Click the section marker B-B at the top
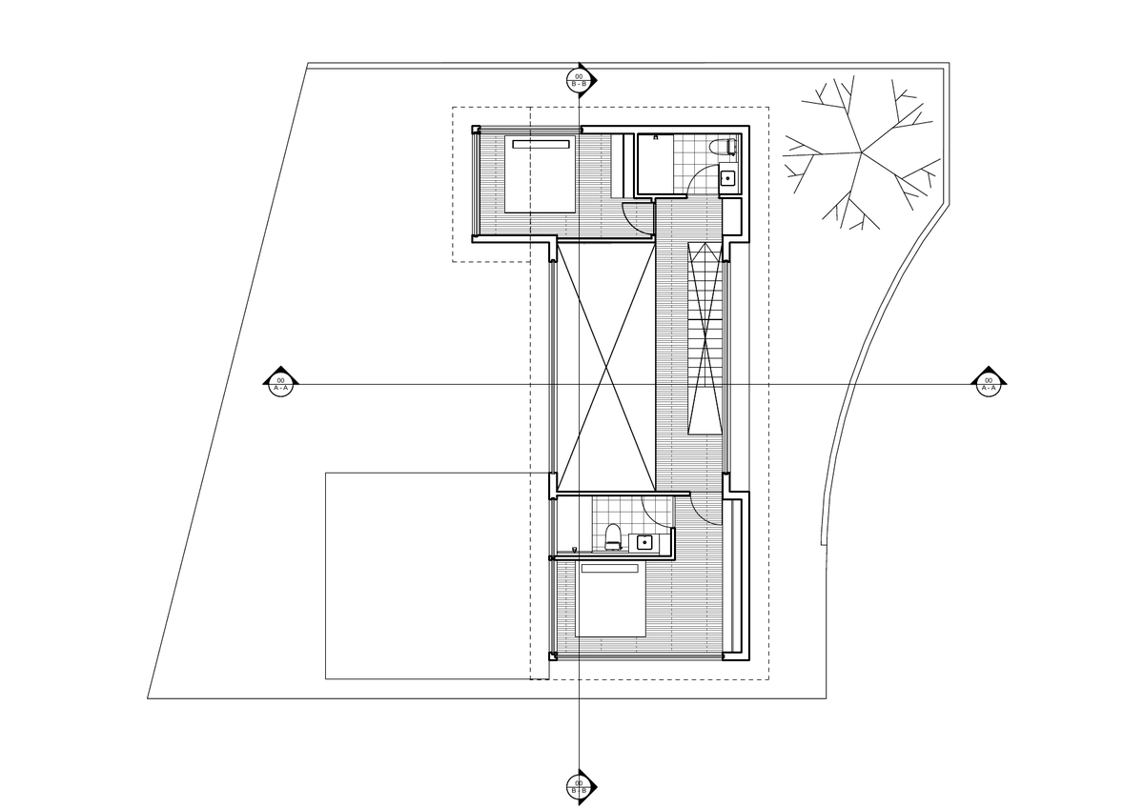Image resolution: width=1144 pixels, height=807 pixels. (x=579, y=80)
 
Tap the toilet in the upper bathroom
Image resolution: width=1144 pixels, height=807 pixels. (x=728, y=146)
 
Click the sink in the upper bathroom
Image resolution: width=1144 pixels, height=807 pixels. (x=727, y=176)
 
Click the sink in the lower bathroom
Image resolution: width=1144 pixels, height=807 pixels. (x=645, y=542)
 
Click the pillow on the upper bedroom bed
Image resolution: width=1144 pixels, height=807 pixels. (x=541, y=145)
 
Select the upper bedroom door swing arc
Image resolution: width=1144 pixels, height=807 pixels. (x=637, y=214)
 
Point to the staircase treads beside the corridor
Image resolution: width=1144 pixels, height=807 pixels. (x=706, y=343)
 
